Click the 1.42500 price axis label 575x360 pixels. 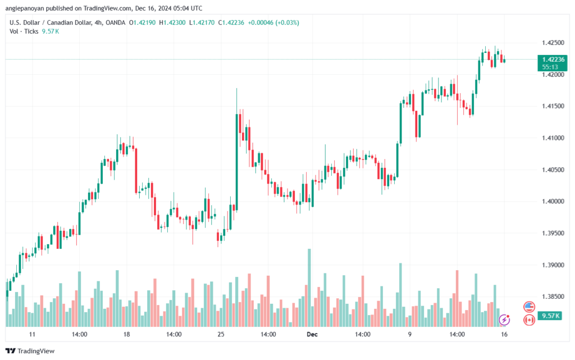coord(553,43)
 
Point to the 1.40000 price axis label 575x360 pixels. coord(553,201)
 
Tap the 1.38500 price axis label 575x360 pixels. coord(553,296)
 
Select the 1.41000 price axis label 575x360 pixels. coord(553,138)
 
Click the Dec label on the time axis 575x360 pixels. coord(312,334)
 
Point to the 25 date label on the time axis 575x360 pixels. coord(221,334)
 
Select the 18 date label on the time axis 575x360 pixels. coord(126,334)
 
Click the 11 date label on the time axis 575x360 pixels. coord(32,334)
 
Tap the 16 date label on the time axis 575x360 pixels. coord(504,334)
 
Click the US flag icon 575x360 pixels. coord(528,307)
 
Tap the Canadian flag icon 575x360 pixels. coord(528,320)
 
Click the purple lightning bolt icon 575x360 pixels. coord(504,320)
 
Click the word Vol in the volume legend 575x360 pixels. coord(14,31)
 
